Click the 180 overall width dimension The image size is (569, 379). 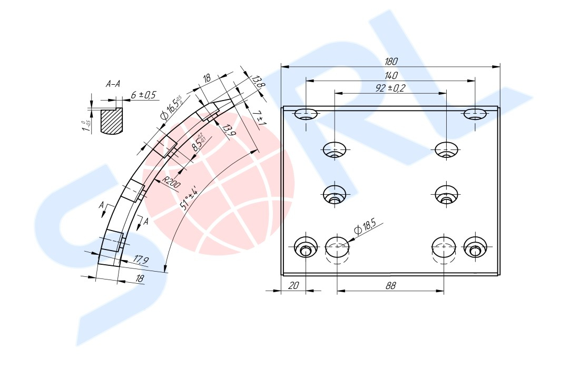tap(391, 61)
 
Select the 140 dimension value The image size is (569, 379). tap(391, 75)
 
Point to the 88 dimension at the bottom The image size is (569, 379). tap(390, 285)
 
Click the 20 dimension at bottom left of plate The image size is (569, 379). tap(294, 285)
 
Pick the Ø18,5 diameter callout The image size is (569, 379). tap(366, 228)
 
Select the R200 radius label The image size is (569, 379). tap(171, 184)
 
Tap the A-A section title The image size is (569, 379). tap(113, 84)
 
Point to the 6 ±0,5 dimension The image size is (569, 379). tap(143, 95)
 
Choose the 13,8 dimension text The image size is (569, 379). tap(258, 82)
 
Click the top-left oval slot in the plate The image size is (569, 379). tap(306, 113)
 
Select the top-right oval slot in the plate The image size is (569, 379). tap(475, 113)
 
